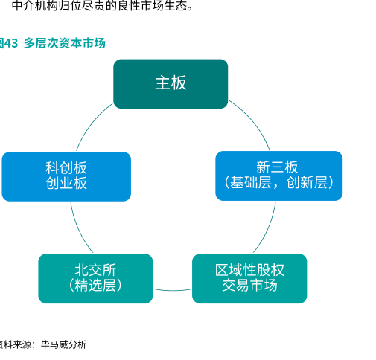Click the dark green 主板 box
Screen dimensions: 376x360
tap(171, 84)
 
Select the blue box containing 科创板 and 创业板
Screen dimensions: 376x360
tap(66, 176)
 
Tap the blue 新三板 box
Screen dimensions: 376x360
tap(279, 176)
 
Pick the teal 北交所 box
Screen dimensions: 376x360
tap(95, 278)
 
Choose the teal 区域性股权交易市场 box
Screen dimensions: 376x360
tap(249, 278)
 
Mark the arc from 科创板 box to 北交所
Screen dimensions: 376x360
tap(78, 229)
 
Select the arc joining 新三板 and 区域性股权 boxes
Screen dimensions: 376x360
tap(268, 229)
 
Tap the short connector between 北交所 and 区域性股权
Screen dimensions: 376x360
tap(173, 290)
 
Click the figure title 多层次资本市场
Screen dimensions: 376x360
tap(65, 43)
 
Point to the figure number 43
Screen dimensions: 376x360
tap(11, 43)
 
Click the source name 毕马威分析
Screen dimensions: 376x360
tap(63, 344)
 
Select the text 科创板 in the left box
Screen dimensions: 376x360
tap(66, 168)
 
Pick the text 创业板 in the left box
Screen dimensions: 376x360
tap(66, 183)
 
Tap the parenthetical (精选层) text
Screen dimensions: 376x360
tap(95, 285)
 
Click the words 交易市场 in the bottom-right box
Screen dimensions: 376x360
tap(249, 285)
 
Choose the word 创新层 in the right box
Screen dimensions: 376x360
tap(307, 182)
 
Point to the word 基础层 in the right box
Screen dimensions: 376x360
tap(251, 182)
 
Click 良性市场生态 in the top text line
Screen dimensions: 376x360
tap(152, 6)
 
